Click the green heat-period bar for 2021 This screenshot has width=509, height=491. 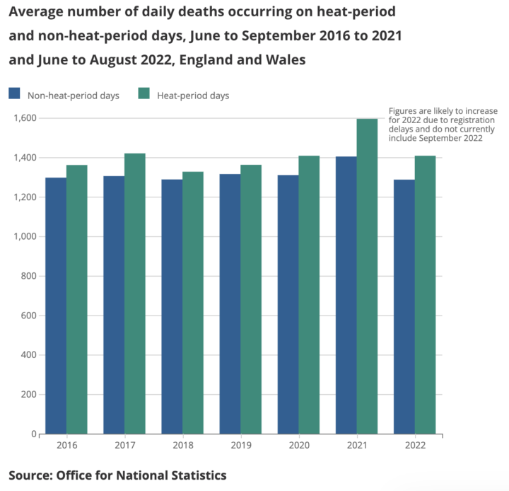367,276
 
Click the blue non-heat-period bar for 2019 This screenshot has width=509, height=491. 230,304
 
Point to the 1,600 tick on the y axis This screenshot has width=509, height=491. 24,117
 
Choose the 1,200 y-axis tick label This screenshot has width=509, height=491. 24,197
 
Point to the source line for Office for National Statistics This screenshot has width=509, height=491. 117,474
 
